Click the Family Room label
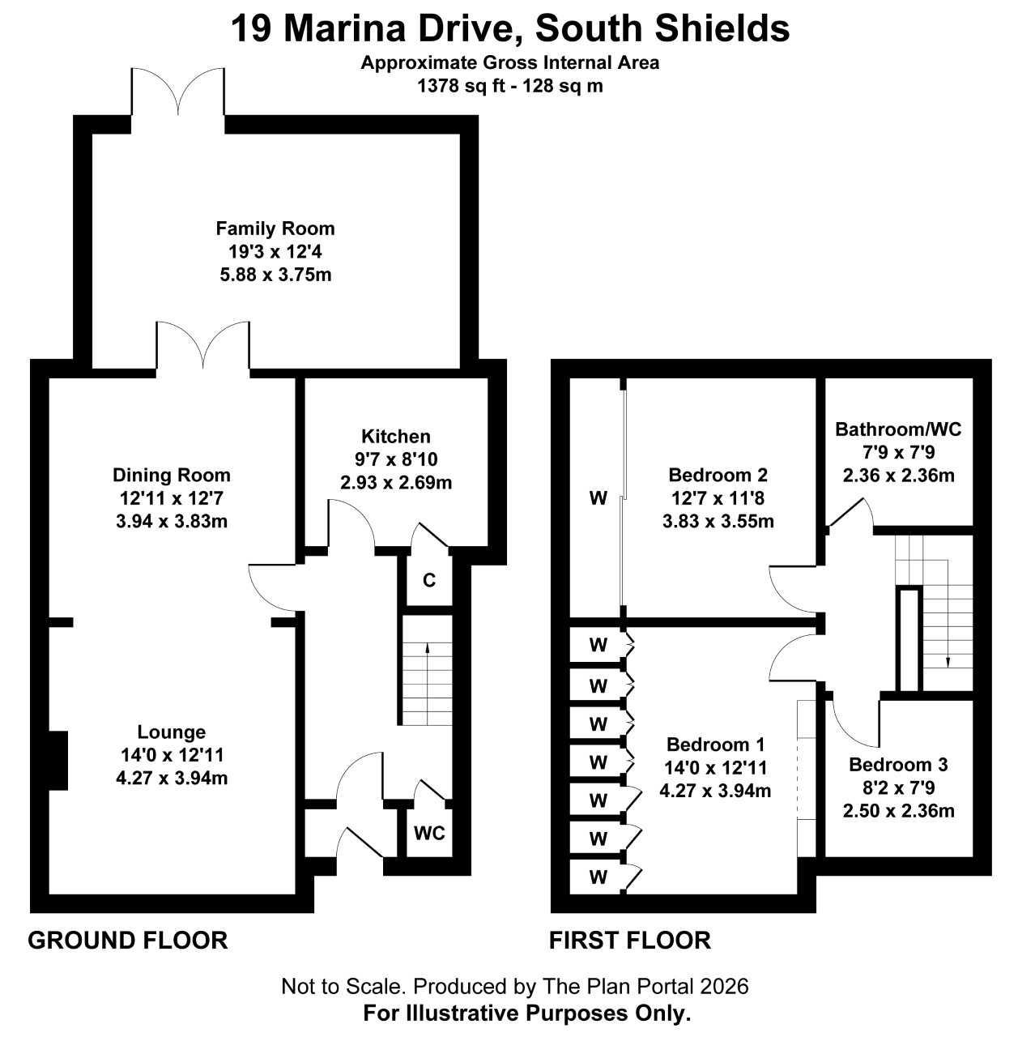pyautogui.click(x=275, y=228)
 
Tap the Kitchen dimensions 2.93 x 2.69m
pyautogui.click(x=396, y=483)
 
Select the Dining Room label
pyautogui.click(x=172, y=476)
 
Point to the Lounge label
pyautogui.click(x=172, y=732)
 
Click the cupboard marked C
pyautogui.click(x=429, y=580)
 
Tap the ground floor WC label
pyautogui.click(x=429, y=834)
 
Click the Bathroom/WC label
pyautogui.click(x=898, y=429)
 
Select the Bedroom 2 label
pyautogui.click(x=718, y=476)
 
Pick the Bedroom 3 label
pyautogui.click(x=899, y=765)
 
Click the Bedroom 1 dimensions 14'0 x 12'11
pyautogui.click(x=716, y=768)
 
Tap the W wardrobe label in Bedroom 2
pyautogui.click(x=598, y=498)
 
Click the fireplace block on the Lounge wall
pyautogui.click(x=58, y=761)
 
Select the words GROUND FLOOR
pyautogui.click(x=128, y=941)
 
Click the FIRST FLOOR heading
pyautogui.click(x=630, y=941)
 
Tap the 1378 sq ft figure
pyautogui.click(x=461, y=86)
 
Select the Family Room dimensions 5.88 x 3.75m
pyautogui.click(x=275, y=275)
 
